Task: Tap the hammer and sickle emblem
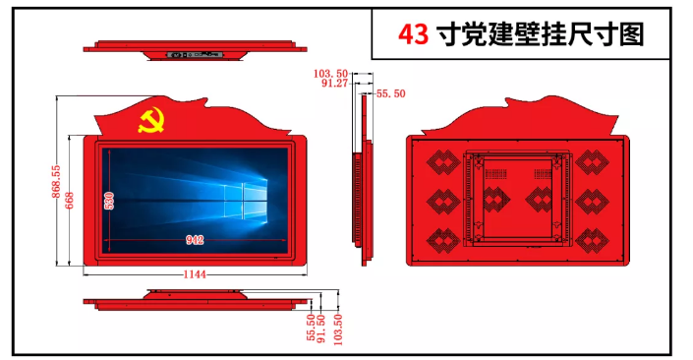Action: coord(149,123)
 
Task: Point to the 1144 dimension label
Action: coord(194,274)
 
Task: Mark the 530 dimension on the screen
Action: coord(109,202)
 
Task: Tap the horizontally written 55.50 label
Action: coord(390,93)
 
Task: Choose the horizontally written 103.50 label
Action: coord(331,74)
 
